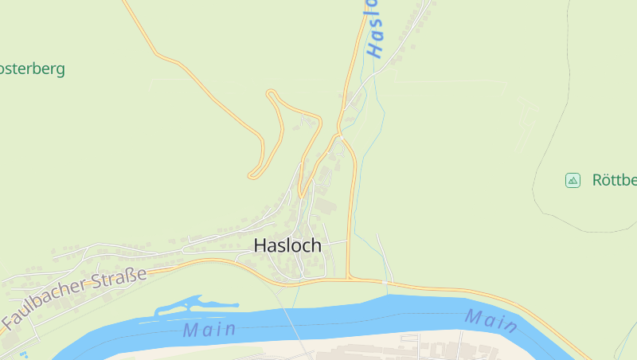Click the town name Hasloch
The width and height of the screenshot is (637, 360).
287,246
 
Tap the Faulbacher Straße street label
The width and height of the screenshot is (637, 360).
75,299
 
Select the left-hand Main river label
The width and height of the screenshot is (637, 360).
209,329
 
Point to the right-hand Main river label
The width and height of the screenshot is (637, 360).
491,320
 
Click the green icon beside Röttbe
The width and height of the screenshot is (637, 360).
573,180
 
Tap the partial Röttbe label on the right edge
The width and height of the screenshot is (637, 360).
614,180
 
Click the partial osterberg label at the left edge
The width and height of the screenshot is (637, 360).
32,68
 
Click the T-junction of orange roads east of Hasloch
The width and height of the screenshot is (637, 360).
350,279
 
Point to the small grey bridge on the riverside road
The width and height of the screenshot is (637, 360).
385,282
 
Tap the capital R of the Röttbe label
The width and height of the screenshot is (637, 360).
597,180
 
